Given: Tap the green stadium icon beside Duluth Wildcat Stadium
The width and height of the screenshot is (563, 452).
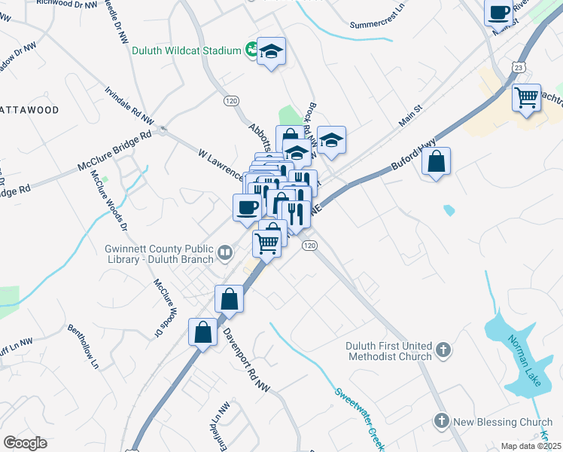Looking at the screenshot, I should [253, 51].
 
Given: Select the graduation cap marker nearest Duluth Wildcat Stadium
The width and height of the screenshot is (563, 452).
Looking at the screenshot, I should [271, 52].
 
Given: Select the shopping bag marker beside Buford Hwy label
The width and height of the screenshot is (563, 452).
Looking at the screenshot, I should [437, 161].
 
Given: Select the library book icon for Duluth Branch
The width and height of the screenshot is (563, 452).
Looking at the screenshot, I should [225, 254].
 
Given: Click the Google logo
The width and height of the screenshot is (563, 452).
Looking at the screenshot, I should [25, 443].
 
